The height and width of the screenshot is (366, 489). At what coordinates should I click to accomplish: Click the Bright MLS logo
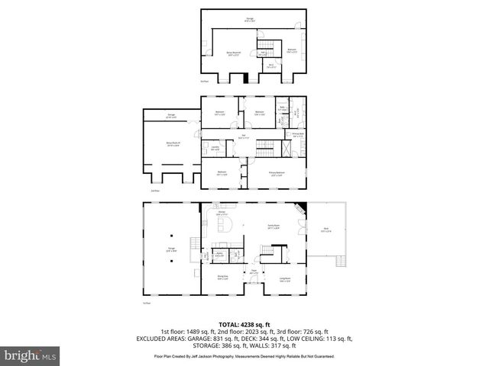[30, 355]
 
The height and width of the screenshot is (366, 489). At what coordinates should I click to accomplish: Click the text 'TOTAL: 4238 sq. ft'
[244, 325]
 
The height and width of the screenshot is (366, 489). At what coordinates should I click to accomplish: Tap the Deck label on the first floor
[326, 231]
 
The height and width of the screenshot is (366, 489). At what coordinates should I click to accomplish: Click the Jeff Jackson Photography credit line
[244, 355]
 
